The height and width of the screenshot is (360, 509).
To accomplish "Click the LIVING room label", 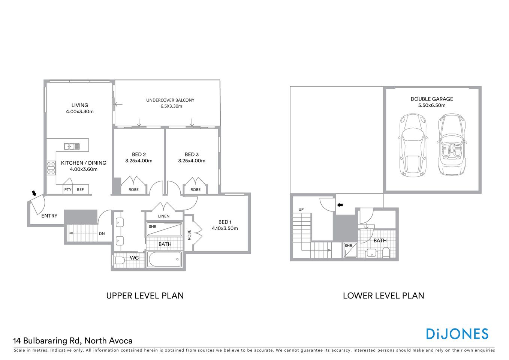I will pyautogui.click(x=80, y=105).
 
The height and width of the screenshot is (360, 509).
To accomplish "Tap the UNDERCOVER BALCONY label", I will pyautogui.click(x=170, y=100).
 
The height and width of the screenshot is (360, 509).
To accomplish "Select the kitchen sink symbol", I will pyautogui.click(x=72, y=146).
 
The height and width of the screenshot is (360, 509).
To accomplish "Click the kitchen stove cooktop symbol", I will pyautogui.click(x=51, y=168).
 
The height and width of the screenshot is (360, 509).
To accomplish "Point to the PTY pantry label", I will pyautogui.click(x=68, y=190).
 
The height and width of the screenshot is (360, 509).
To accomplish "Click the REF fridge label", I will pyautogui.click(x=81, y=190).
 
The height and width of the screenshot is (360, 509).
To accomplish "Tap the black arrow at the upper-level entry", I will pyautogui.click(x=34, y=193).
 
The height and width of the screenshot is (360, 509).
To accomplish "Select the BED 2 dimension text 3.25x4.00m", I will pyautogui.click(x=139, y=161).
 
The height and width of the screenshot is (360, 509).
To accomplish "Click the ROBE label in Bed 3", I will pyautogui.click(x=195, y=190).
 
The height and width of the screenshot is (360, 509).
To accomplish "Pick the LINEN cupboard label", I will pyautogui.click(x=164, y=216).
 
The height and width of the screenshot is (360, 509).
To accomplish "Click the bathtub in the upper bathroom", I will pyautogui.click(x=165, y=259).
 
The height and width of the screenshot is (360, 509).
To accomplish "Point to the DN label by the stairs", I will pyautogui.click(x=102, y=234).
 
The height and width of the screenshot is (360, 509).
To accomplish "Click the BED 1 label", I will pyautogui.click(x=225, y=222).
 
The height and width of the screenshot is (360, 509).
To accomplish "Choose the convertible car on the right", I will pyautogui.click(x=452, y=145).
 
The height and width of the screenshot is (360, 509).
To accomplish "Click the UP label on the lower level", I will pyautogui.click(x=301, y=210).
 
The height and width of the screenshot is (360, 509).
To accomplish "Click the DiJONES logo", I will pyautogui.click(x=457, y=334).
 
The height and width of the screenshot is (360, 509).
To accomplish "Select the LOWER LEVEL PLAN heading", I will pyautogui.click(x=383, y=295).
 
